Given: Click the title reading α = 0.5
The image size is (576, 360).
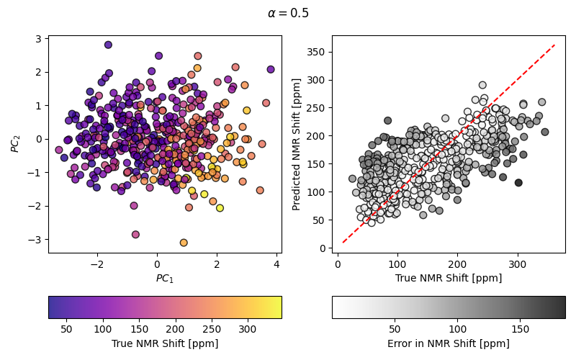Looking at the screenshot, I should pyautogui.click(x=288, y=13).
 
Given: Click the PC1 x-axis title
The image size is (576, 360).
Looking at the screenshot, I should pyautogui.click(x=165, y=278).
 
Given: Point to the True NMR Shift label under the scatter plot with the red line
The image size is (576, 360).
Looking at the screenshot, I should pyautogui.click(x=449, y=278).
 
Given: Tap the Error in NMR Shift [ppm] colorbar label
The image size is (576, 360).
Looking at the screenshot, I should pyautogui.click(x=449, y=343).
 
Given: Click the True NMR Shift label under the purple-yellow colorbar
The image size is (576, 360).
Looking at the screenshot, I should pyautogui.click(x=165, y=343).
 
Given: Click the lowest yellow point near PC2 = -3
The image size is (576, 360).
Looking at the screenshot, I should pyautogui.click(x=184, y=243).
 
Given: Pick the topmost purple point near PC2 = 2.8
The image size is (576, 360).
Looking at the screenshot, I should pyautogui.click(x=108, y=45).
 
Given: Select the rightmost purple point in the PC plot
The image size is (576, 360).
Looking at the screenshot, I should pyautogui.click(x=271, y=70).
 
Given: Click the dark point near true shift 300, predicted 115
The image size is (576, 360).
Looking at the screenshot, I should pyautogui.click(x=518, y=183).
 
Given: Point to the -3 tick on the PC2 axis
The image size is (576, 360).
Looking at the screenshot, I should pyautogui.click(x=36, y=239).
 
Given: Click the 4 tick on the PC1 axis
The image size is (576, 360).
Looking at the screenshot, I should pyautogui.click(x=276, y=264).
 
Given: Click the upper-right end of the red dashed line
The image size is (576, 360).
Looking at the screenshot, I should pyautogui.click(x=554, y=45).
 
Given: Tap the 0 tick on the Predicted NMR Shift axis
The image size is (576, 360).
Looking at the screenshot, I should pyautogui.click(x=325, y=248).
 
